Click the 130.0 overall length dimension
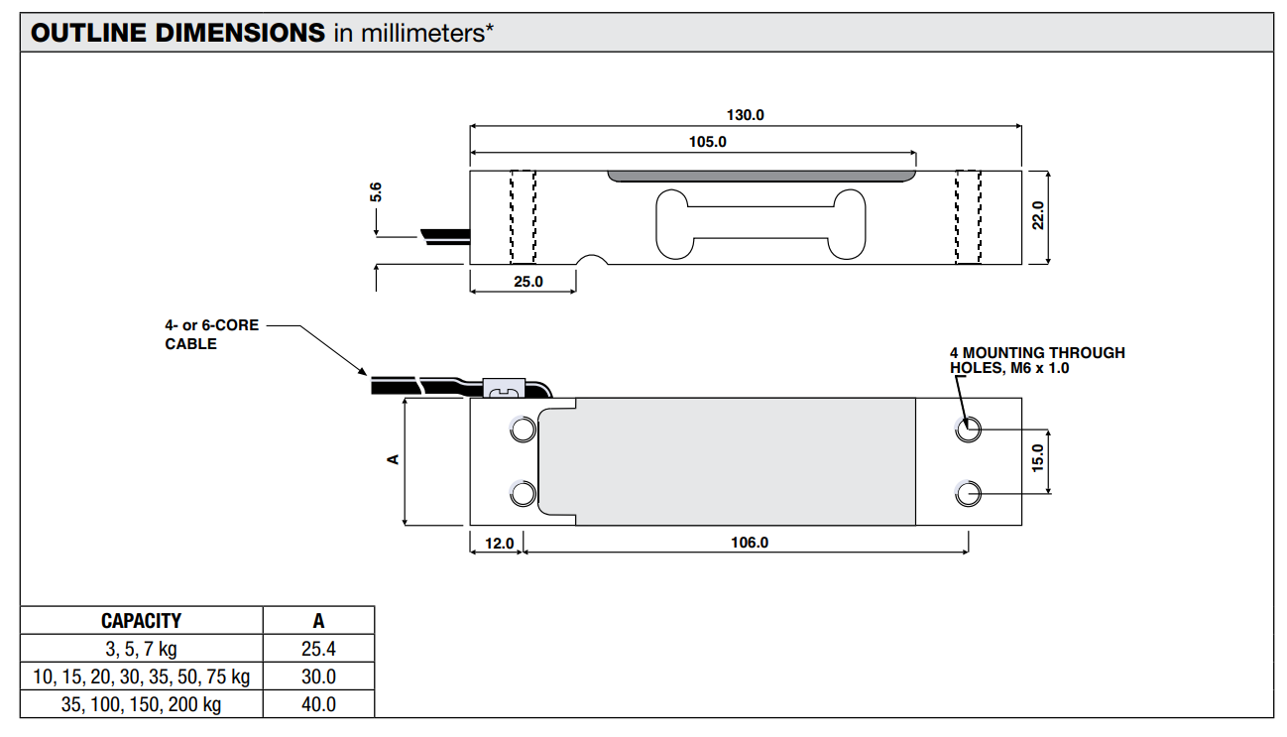pyautogui.click(x=746, y=115)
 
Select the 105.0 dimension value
pyautogui.click(x=708, y=142)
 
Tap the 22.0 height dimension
pyautogui.click(x=1037, y=216)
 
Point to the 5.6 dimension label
pyautogui.click(x=376, y=192)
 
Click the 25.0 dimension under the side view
pyautogui.click(x=527, y=282)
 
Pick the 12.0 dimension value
pyautogui.click(x=499, y=543)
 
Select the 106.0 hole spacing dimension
pyautogui.click(x=750, y=543)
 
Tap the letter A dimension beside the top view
pyautogui.click(x=393, y=458)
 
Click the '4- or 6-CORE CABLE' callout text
pyautogui.click(x=211, y=334)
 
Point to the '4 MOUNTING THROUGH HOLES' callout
pyautogui.click(x=1037, y=360)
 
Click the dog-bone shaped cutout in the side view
pyautogui.click(x=760, y=224)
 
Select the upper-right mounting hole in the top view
pyautogui.click(x=968, y=430)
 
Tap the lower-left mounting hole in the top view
pyautogui.click(x=522, y=493)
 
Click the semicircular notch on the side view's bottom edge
pyautogui.click(x=593, y=261)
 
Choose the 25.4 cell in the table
pyautogui.click(x=318, y=650)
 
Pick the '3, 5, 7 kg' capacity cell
pyautogui.click(x=142, y=650)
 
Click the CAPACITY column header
pyautogui.click(x=142, y=621)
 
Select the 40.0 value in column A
pyautogui.click(x=318, y=704)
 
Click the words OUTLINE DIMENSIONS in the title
pyautogui.click(x=178, y=33)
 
